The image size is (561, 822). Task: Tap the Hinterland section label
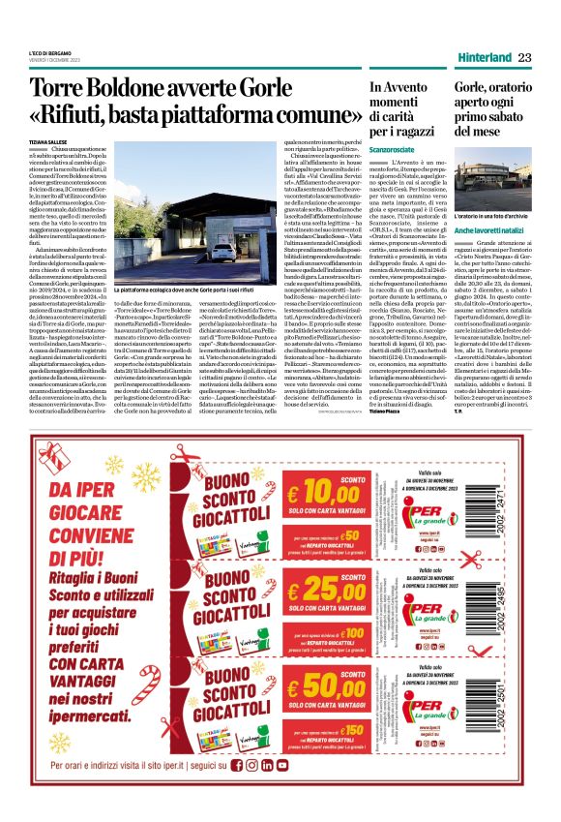click(484, 58)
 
